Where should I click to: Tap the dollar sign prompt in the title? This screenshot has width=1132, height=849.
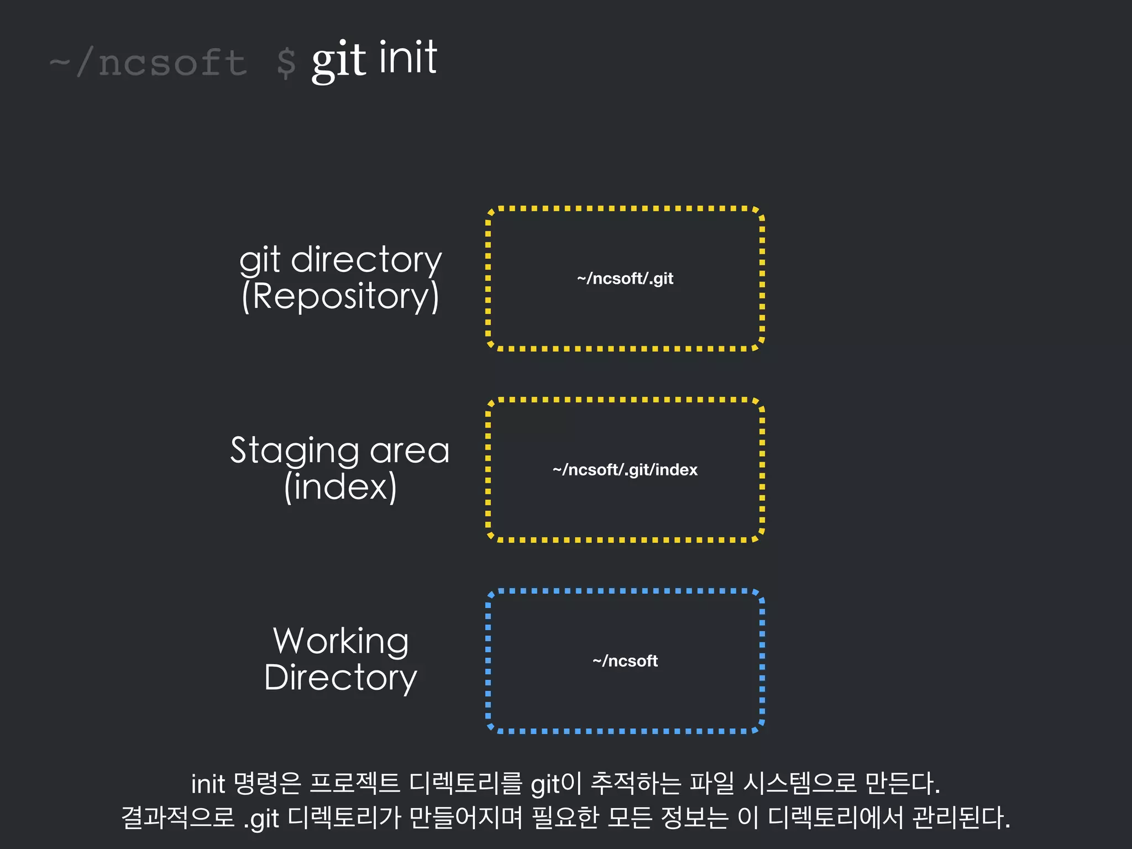[x=286, y=63]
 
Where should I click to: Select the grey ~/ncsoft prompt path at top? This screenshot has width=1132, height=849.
[x=148, y=62]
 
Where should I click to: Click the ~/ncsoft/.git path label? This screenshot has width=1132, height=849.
[x=625, y=279]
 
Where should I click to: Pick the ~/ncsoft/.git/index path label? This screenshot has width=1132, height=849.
[x=625, y=470]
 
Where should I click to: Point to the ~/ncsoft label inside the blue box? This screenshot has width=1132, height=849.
[x=625, y=661]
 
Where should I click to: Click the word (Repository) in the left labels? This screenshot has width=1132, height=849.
[x=340, y=296]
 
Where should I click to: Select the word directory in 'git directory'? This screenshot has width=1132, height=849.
[x=366, y=260]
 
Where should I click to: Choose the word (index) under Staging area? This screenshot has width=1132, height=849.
[x=340, y=487]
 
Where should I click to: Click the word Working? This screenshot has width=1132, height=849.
[x=341, y=641]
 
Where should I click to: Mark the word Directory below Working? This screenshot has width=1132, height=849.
[x=340, y=678]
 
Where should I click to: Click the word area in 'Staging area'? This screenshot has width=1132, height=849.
[x=409, y=450]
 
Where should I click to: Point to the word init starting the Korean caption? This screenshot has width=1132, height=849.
[x=208, y=784]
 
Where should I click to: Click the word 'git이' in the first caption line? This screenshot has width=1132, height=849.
[x=555, y=784]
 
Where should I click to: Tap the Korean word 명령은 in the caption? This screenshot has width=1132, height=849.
[x=267, y=784]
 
